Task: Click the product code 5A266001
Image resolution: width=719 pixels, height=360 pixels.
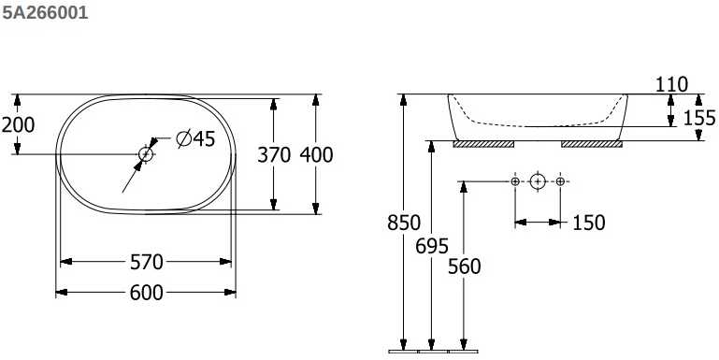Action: (x=45, y=13)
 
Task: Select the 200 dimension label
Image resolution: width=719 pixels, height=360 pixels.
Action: (x=18, y=124)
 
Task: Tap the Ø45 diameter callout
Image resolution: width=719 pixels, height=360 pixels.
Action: (x=195, y=138)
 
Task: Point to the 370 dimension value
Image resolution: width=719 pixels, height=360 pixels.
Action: (x=274, y=155)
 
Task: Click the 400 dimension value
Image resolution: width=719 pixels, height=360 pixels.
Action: (x=316, y=155)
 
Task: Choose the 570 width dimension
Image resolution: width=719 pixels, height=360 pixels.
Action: (x=146, y=263)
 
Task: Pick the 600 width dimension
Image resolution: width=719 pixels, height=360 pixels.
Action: (x=146, y=293)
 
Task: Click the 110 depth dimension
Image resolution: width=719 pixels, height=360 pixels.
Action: (x=671, y=85)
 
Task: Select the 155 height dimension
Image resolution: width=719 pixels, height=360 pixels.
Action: (x=699, y=118)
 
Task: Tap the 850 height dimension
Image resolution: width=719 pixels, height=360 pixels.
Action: (x=404, y=223)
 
